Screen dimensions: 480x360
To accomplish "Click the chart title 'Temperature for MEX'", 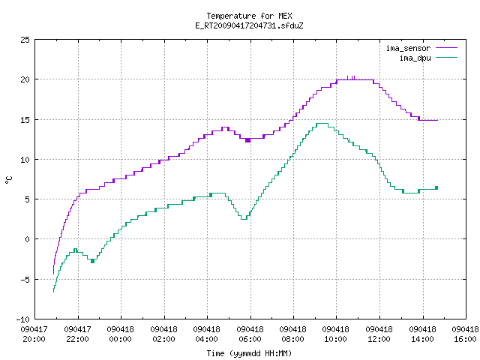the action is pos(249,16).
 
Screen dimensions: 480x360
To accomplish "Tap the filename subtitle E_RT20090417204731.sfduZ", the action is pos(249,25).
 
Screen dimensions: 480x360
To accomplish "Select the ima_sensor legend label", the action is pos(408,48).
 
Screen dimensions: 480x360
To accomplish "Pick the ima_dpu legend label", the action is pos(415,58).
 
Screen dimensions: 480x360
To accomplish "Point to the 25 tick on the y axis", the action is pos(25,40).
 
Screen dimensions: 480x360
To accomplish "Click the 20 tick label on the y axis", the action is pos(25,79).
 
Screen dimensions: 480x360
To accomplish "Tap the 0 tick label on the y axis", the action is pos(27,239).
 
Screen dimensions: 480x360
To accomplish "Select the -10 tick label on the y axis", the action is pos(23,319).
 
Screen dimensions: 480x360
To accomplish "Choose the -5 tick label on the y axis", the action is pos(25,280).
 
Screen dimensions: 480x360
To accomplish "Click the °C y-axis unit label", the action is pos(8,180).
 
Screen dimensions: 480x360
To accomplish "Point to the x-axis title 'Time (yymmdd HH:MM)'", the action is pos(249,353).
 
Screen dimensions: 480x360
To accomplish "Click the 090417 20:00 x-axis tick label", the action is pos(34,334).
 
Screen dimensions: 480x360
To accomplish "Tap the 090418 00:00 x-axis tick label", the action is pos(121,334).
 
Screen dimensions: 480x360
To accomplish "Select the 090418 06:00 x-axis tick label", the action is pos(250,334).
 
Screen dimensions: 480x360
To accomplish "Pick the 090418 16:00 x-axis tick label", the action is pos(465,334).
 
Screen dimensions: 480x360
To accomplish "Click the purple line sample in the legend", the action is pos(447,48).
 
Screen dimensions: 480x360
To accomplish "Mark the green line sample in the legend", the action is pos(447,58).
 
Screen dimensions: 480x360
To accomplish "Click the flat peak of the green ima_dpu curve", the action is pos(322,123).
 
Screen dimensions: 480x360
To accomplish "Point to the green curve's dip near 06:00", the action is pos(244,219).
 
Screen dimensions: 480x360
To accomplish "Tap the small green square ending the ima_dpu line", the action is pos(436,187).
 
